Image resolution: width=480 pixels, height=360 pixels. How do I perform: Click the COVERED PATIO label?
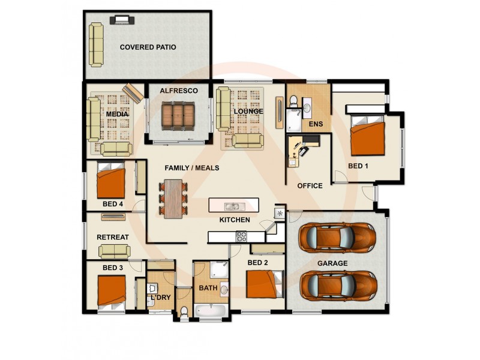[x=148, y=47]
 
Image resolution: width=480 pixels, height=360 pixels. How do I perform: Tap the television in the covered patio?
[x=122, y=20]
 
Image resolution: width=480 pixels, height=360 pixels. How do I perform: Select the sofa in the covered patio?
[x=96, y=44]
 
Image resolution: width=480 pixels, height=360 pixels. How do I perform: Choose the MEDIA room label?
[x=117, y=114]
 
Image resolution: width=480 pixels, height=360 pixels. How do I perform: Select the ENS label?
[x=316, y=124]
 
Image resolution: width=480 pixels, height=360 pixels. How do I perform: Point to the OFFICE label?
[x=310, y=185]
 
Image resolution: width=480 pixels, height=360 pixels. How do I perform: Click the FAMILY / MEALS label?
[x=192, y=168]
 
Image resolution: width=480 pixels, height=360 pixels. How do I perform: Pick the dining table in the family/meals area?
[x=174, y=198]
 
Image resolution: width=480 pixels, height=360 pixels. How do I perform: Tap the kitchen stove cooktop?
[x=242, y=236]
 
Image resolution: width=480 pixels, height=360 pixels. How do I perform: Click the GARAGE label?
[x=332, y=263]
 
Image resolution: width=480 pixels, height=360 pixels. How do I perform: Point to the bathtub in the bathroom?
[x=209, y=311]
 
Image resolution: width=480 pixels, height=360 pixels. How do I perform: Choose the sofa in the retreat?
[x=115, y=251]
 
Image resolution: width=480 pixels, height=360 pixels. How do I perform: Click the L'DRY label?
[x=160, y=297]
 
